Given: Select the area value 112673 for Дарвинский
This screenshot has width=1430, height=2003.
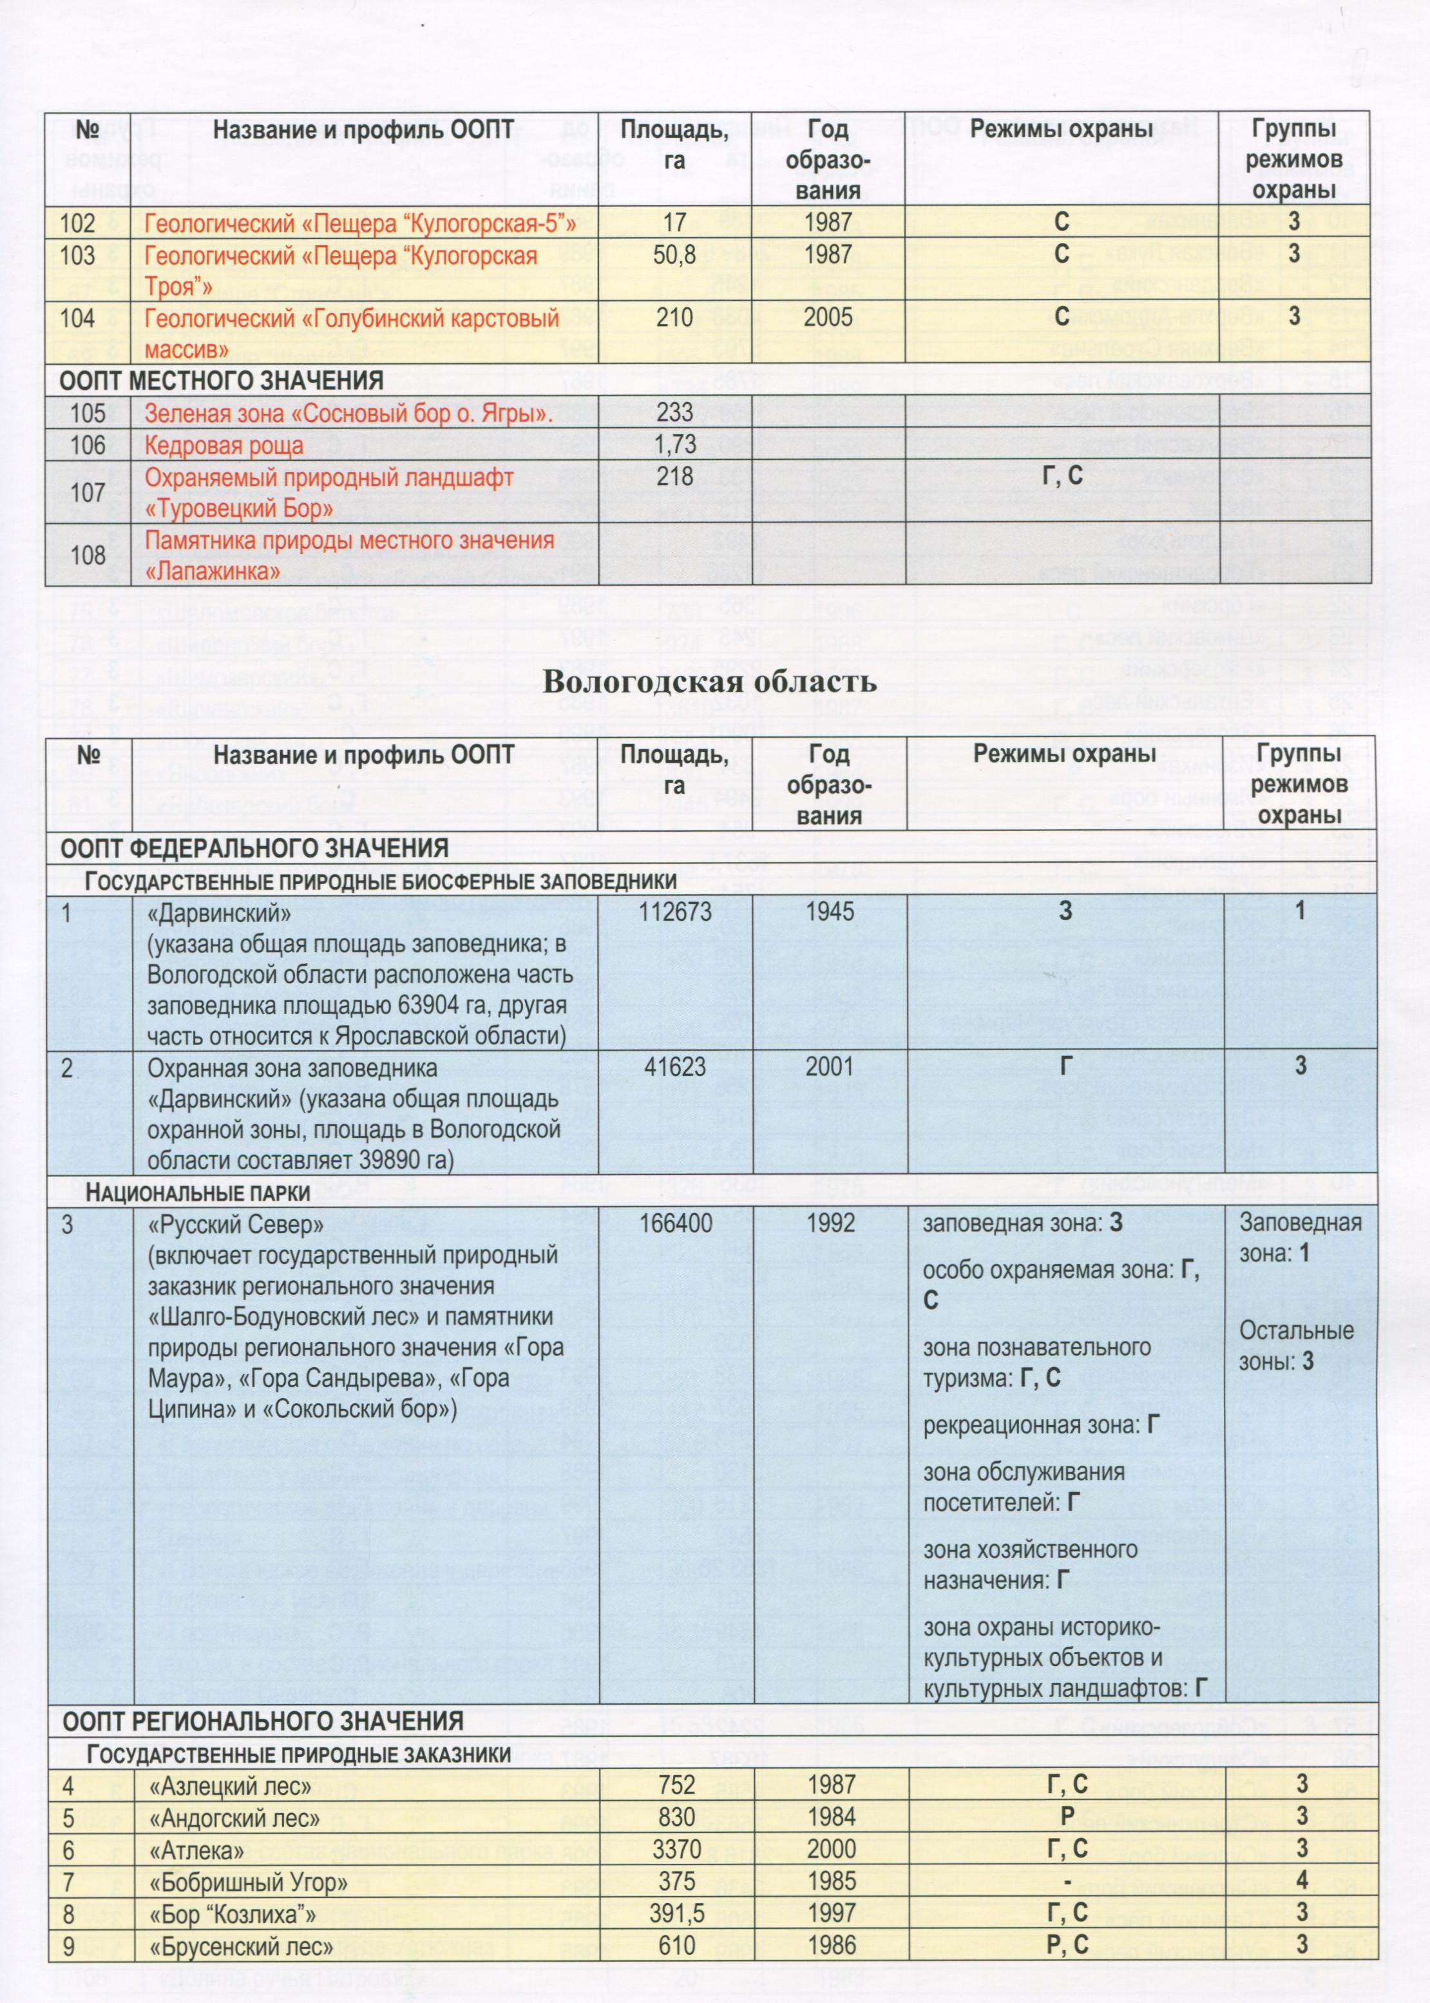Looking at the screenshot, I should (674, 911).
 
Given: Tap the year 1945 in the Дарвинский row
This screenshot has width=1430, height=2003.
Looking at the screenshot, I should (830, 911).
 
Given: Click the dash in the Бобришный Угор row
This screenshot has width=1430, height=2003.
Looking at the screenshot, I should (1066, 1881).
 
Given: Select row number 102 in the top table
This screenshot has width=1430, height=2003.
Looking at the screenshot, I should (77, 224).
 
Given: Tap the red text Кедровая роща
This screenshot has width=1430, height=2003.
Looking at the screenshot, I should (224, 445).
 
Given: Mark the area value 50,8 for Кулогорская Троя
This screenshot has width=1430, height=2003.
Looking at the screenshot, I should (674, 255).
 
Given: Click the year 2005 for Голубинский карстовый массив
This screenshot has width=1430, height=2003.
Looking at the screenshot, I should (828, 318).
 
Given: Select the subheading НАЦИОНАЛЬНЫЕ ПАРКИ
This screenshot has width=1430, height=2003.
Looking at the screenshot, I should (198, 1194).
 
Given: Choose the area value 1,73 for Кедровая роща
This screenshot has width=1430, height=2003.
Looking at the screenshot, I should (674, 445).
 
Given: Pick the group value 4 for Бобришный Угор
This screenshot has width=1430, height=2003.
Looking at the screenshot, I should (1301, 1881).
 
